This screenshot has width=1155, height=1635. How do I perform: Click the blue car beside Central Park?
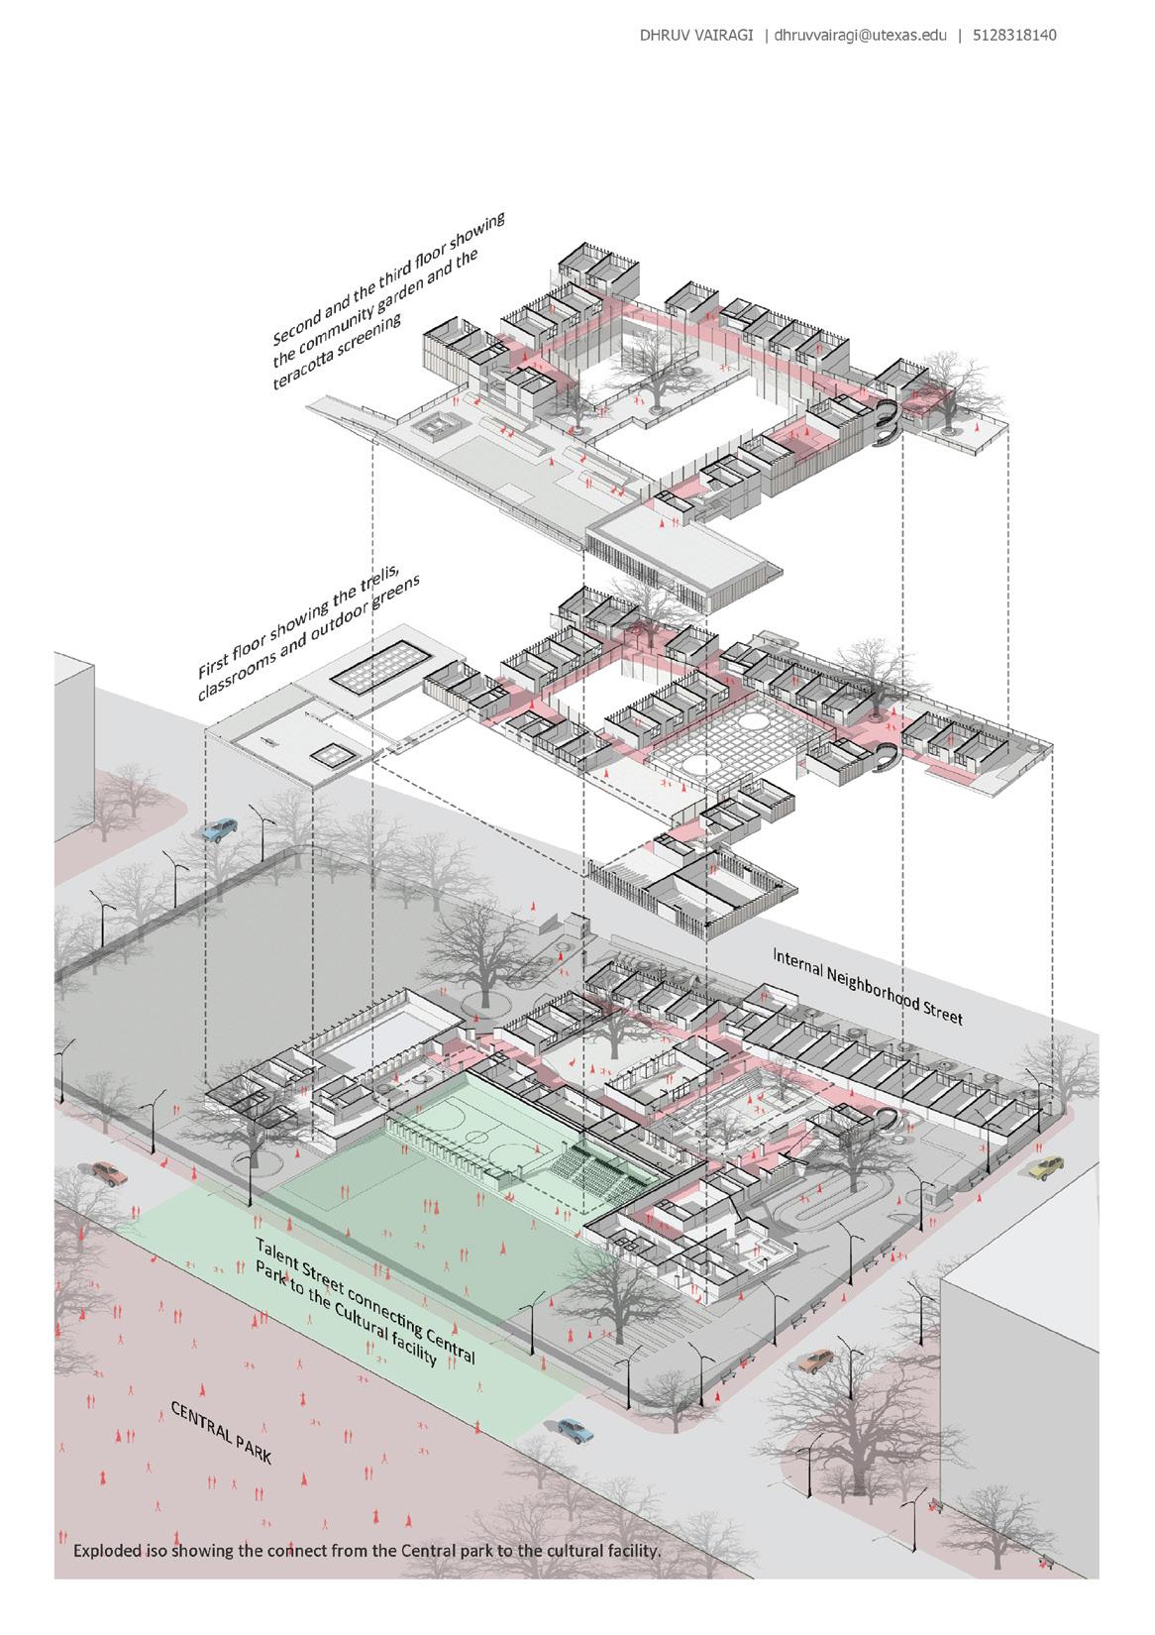tap(572, 1428)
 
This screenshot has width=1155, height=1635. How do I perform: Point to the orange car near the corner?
tap(815, 1361)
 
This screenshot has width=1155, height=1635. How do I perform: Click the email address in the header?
tap(860, 36)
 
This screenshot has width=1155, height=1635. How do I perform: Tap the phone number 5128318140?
tap(1014, 36)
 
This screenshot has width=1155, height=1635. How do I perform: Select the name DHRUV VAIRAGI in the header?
tap(698, 36)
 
